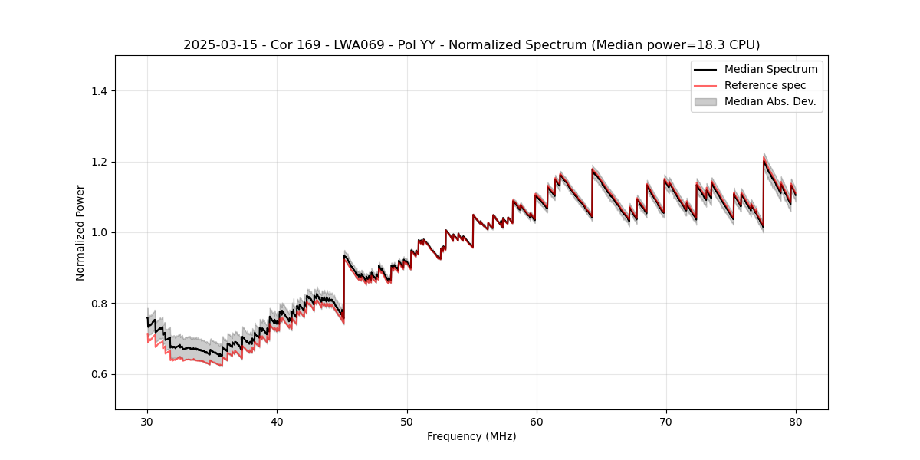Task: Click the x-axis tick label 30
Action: [148, 422]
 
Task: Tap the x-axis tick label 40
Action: [278, 422]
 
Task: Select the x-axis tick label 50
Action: [407, 422]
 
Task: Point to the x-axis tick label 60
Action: [537, 422]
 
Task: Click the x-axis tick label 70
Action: [666, 422]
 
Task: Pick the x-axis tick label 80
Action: [796, 422]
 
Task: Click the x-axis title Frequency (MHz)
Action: [472, 436]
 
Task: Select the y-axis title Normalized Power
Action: [80, 232]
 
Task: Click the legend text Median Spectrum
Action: [770, 69]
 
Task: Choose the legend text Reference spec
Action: [765, 85]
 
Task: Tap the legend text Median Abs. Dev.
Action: [770, 101]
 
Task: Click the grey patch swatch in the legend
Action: [705, 101]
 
